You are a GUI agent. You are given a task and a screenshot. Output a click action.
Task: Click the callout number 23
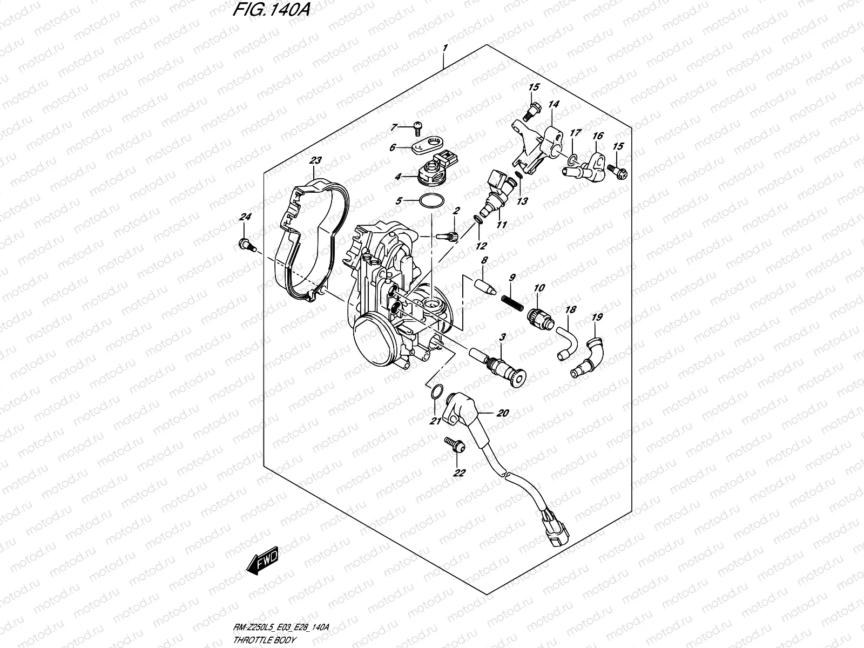[x=315, y=160]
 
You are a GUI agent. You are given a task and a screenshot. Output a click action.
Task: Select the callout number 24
[x=246, y=217]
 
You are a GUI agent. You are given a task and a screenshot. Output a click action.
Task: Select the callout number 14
[x=553, y=104]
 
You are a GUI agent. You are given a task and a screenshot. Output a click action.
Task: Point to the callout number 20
[x=502, y=414]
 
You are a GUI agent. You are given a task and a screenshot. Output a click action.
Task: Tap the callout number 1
[x=444, y=48]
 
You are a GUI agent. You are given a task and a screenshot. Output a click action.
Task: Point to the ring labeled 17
[x=572, y=159]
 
